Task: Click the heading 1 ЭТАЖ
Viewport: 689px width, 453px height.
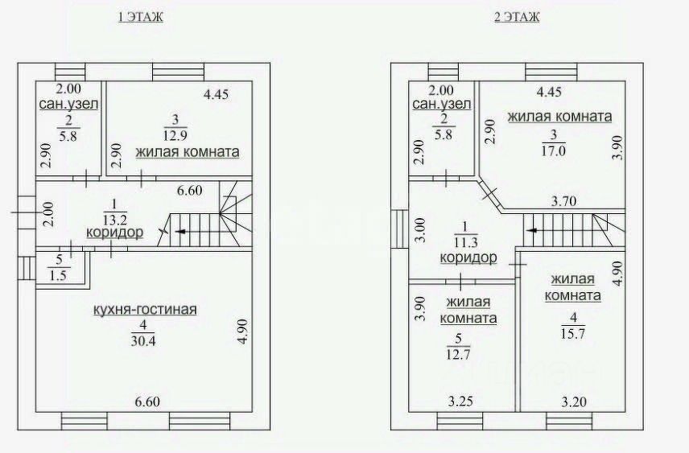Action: tap(140, 17)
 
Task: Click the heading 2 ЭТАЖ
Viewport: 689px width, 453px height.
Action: tap(516, 17)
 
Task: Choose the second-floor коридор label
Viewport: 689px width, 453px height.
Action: tap(468, 257)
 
